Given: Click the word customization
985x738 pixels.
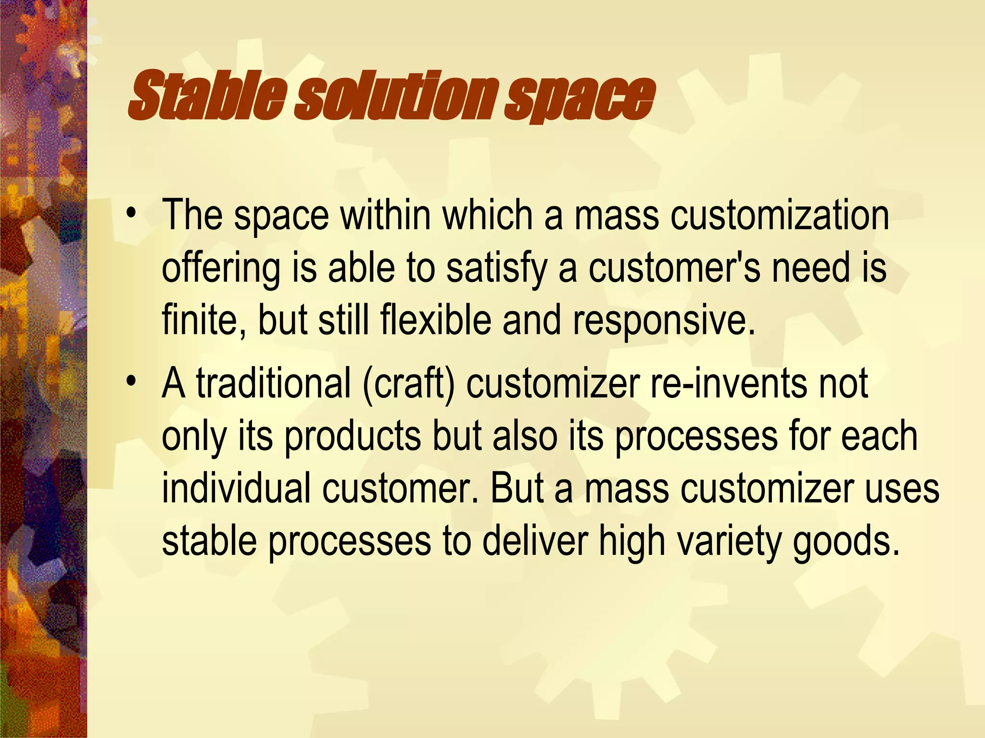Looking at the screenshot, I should (x=780, y=215).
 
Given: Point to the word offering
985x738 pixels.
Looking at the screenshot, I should (x=221, y=269).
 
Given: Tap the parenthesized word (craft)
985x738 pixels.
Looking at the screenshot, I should (x=408, y=384).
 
